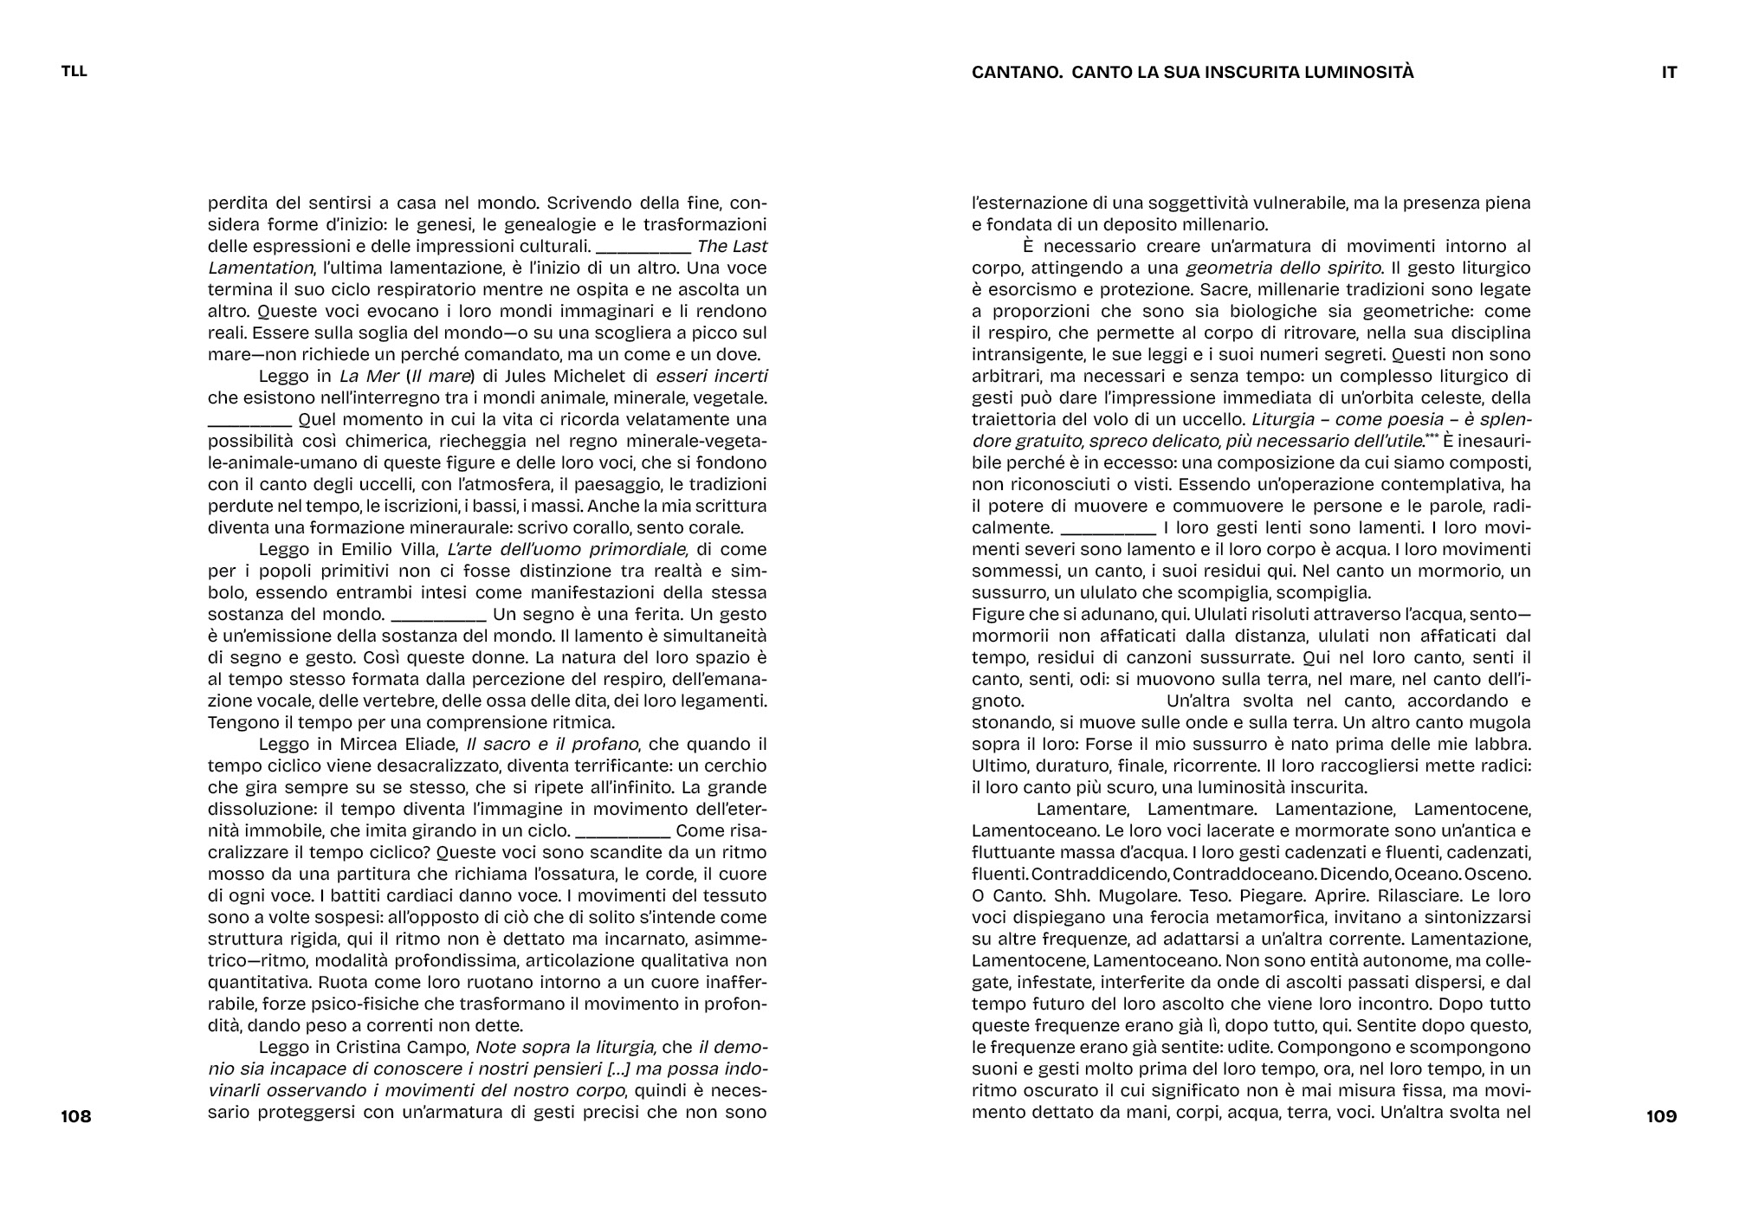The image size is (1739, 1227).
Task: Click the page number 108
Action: pos(76,1117)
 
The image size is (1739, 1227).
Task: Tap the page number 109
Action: pos(1661,1117)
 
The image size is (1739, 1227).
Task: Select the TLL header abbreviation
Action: pos(74,72)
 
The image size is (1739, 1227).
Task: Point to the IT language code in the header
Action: pos(1669,73)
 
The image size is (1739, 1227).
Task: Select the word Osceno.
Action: pos(1503,874)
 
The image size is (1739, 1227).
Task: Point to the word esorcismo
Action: pos(1018,289)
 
